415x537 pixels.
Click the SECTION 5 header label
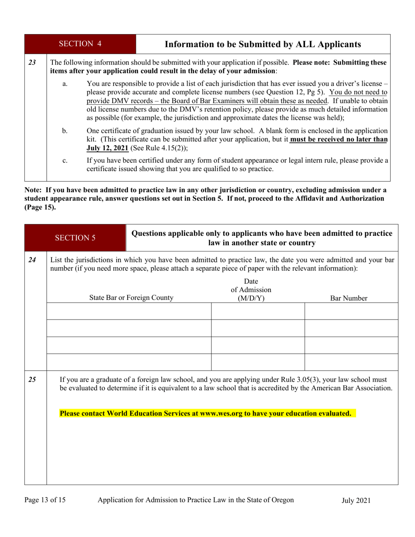pyautogui.click(x=75, y=238)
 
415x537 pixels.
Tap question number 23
pyautogui.click(x=32, y=62)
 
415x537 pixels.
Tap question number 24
pyautogui.click(x=32, y=260)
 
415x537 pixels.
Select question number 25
pyautogui.click(x=32, y=379)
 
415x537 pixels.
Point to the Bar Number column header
pyautogui.click(x=348, y=299)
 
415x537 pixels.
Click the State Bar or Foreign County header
pyautogui.click(x=131, y=298)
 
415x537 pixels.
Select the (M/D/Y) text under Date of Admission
pyautogui.click(x=251, y=298)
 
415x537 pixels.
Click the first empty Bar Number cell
pyautogui.click(x=351, y=311)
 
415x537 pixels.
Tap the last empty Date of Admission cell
pyautogui.click(x=258, y=362)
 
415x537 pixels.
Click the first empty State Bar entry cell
pyautogui.click(x=129, y=311)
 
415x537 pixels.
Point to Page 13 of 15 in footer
pyautogui.click(x=45, y=500)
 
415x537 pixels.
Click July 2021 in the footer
pyautogui.click(x=356, y=501)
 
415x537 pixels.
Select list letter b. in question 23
pyautogui.click(x=65, y=131)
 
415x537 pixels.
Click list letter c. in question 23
pyautogui.click(x=65, y=161)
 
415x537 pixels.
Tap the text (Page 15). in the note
pyautogui.click(x=40, y=207)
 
